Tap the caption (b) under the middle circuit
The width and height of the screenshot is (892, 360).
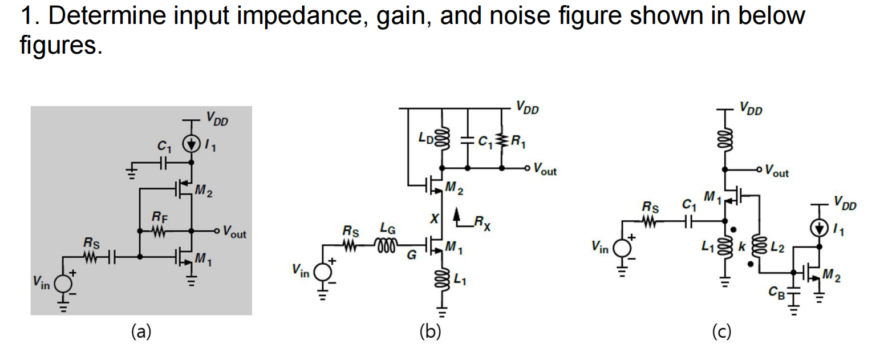tap(431, 331)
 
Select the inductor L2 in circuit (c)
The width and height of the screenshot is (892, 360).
tap(759, 247)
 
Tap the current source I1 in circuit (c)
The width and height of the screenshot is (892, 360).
tap(820, 228)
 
